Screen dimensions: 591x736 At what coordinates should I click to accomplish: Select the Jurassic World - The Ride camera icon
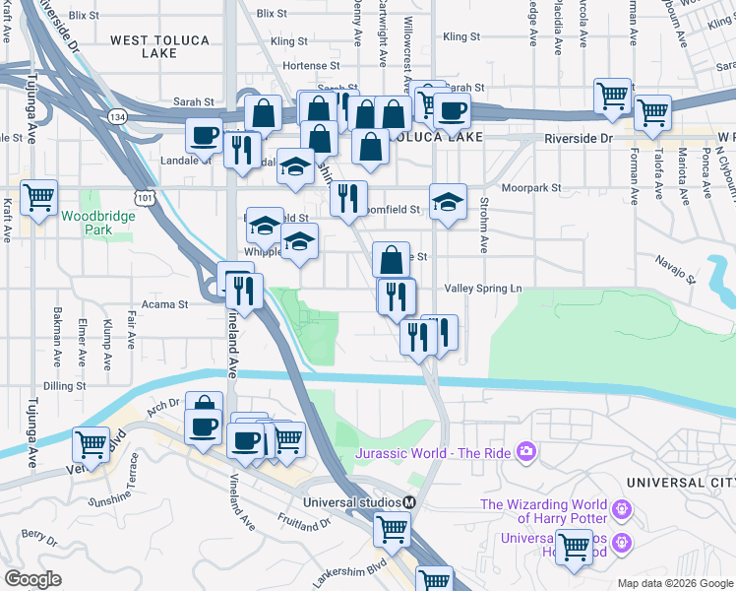526,452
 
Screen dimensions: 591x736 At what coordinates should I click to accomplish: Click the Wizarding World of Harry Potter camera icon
621,509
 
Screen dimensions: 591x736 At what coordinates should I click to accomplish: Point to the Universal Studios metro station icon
409,501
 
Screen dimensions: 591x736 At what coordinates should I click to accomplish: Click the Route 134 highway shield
118,116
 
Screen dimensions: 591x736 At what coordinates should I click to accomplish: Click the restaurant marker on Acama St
243,291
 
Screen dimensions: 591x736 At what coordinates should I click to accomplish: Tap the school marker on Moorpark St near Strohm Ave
448,202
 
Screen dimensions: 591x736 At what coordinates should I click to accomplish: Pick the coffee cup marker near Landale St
205,135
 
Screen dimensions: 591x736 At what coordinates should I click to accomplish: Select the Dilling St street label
66,386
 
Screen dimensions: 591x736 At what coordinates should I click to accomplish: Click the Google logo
33,579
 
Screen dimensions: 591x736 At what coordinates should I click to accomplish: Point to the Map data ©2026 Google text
674,583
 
